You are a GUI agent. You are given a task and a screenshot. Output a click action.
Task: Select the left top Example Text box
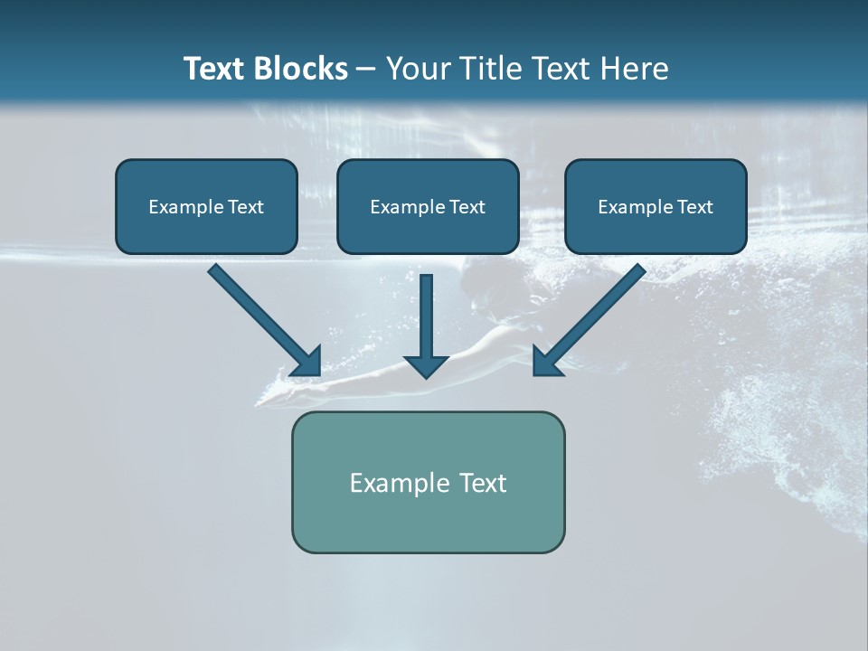(x=206, y=206)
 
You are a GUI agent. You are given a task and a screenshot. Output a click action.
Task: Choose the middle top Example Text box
(x=428, y=206)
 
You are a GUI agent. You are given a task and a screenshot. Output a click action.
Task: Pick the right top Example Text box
(x=656, y=206)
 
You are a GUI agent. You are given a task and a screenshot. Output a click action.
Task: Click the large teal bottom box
(x=428, y=482)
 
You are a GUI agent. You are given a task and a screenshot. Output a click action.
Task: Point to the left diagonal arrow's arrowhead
(x=308, y=362)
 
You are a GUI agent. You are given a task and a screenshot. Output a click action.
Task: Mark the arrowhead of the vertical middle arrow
(x=427, y=365)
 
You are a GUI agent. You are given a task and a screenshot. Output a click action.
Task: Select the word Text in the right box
(x=694, y=207)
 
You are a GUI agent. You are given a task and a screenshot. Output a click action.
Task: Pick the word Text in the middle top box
(x=467, y=207)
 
